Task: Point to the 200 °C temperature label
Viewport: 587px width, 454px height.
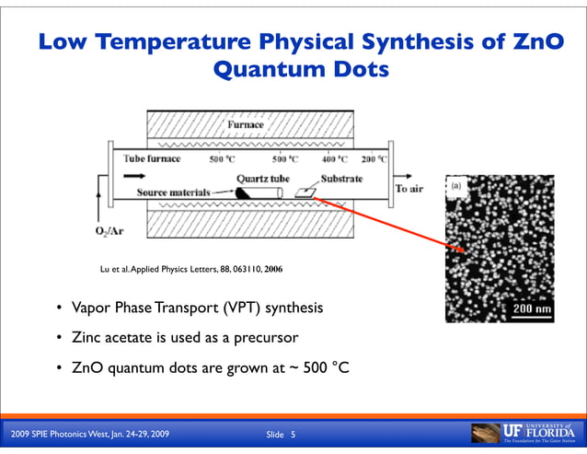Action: [374, 158]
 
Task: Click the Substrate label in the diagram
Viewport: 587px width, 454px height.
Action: [341, 177]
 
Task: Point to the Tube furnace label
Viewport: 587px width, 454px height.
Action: [151, 158]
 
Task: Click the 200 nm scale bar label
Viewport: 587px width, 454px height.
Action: [532, 308]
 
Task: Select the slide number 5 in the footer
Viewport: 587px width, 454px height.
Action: [293, 435]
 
